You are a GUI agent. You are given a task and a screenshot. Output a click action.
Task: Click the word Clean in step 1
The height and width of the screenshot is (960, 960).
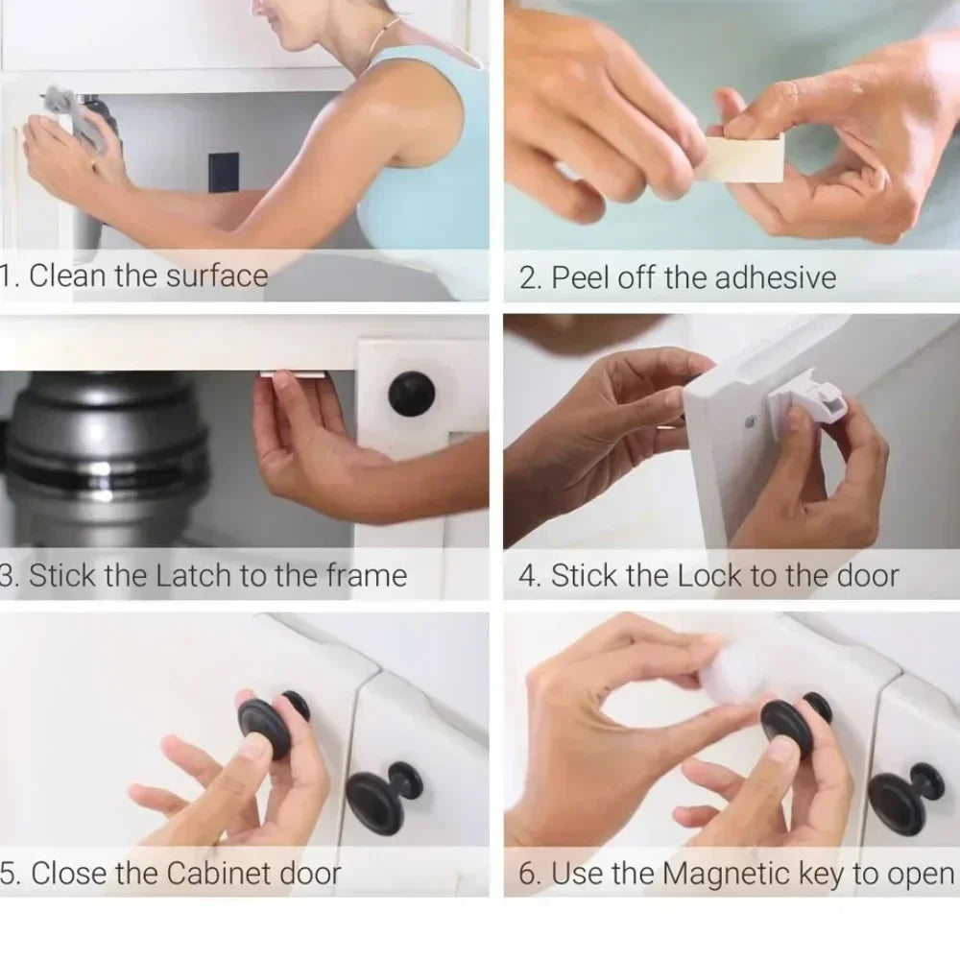69,276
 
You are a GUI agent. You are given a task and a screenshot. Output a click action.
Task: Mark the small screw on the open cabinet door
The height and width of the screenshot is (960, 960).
750,421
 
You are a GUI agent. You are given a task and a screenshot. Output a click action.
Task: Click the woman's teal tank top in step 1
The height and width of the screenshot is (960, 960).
427,173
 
